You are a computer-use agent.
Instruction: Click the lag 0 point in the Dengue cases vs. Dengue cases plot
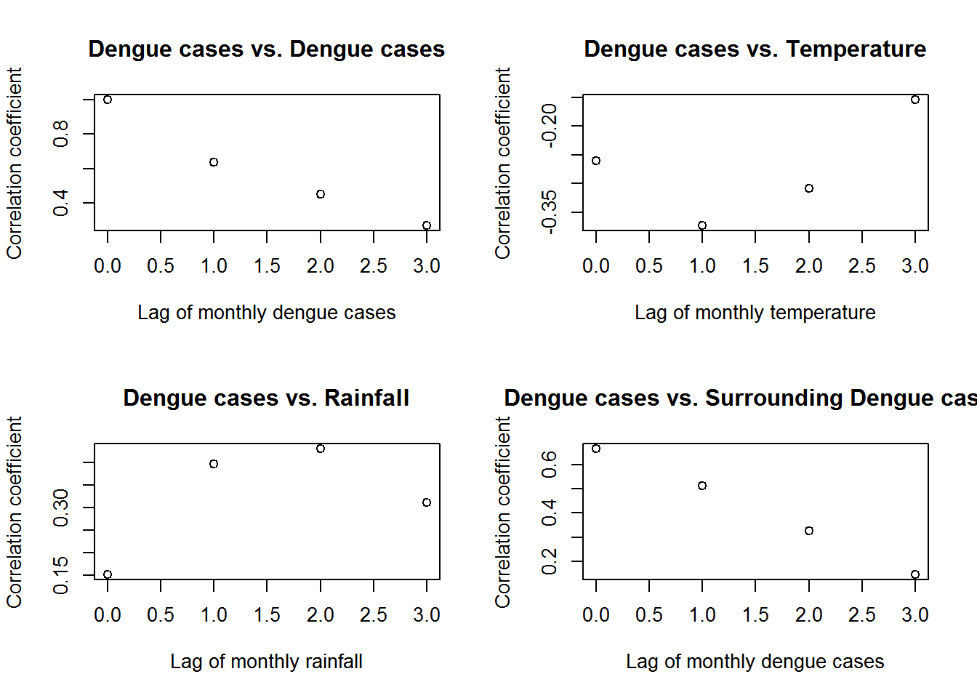(x=108, y=100)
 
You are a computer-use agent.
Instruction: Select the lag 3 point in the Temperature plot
(x=915, y=100)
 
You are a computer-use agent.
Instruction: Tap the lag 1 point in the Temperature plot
(x=702, y=225)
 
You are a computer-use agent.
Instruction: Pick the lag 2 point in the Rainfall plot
(x=321, y=449)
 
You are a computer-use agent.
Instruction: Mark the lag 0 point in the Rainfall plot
(x=108, y=574)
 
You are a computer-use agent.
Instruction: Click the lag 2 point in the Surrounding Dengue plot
(x=809, y=531)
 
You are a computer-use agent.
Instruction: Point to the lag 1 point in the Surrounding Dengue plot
(x=702, y=486)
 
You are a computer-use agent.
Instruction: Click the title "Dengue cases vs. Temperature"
(x=755, y=49)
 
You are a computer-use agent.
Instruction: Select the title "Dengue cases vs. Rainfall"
(x=266, y=398)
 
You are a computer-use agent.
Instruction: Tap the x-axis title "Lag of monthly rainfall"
(x=266, y=662)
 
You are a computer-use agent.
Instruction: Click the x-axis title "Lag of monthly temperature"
(x=755, y=313)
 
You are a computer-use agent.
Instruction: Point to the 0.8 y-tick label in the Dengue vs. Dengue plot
(x=61, y=134)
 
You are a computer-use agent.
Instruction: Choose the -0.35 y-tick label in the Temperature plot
(x=550, y=212)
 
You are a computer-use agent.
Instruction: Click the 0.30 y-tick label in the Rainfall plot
(x=61, y=508)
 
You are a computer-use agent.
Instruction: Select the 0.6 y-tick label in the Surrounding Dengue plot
(x=550, y=464)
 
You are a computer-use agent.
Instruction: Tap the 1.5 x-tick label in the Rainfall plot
(x=267, y=615)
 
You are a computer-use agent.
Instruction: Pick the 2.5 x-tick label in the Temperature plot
(x=862, y=266)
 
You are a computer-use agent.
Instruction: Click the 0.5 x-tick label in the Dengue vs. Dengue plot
(x=161, y=266)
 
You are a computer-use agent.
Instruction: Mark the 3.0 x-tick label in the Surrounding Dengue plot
(x=915, y=615)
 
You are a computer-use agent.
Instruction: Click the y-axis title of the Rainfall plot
(x=15, y=512)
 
